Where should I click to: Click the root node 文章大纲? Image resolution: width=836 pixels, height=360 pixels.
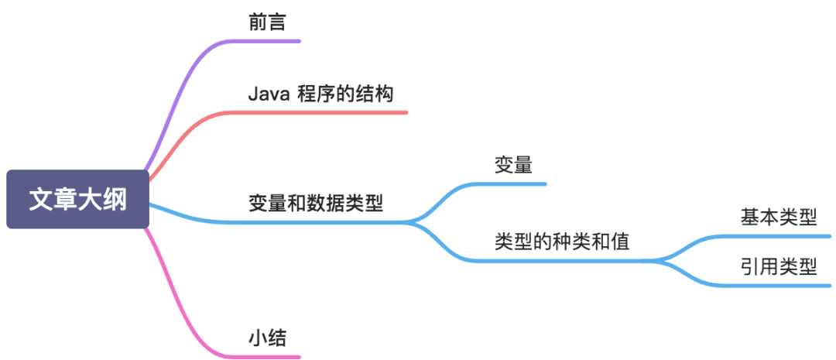point(77,199)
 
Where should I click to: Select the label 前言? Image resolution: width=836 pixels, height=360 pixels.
point(268,22)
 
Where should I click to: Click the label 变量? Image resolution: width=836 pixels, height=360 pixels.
point(513,165)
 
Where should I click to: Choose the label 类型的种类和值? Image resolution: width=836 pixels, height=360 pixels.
point(562,242)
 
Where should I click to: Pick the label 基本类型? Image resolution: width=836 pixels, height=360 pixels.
point(778,217)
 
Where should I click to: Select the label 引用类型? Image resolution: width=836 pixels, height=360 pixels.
point(778,267)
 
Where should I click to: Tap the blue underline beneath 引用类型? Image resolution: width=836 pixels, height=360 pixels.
point(774,286)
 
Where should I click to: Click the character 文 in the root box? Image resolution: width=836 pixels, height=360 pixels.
point(41,199)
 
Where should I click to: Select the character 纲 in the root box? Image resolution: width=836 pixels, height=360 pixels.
point(114,199)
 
